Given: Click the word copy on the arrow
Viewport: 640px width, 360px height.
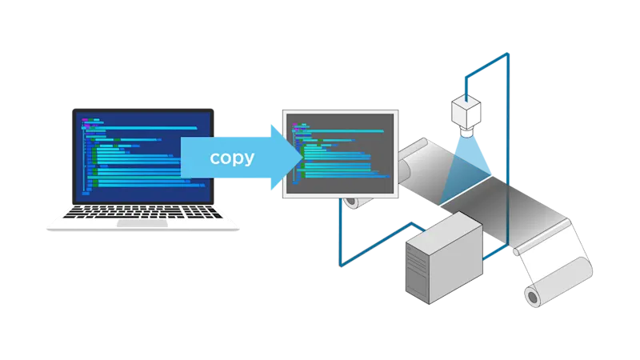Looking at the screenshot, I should point(232,157).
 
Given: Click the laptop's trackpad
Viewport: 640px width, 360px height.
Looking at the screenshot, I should point(143,224).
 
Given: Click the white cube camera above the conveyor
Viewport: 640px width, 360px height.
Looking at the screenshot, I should point(466,110).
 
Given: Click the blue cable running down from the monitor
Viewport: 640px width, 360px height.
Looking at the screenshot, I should point(340,232).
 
